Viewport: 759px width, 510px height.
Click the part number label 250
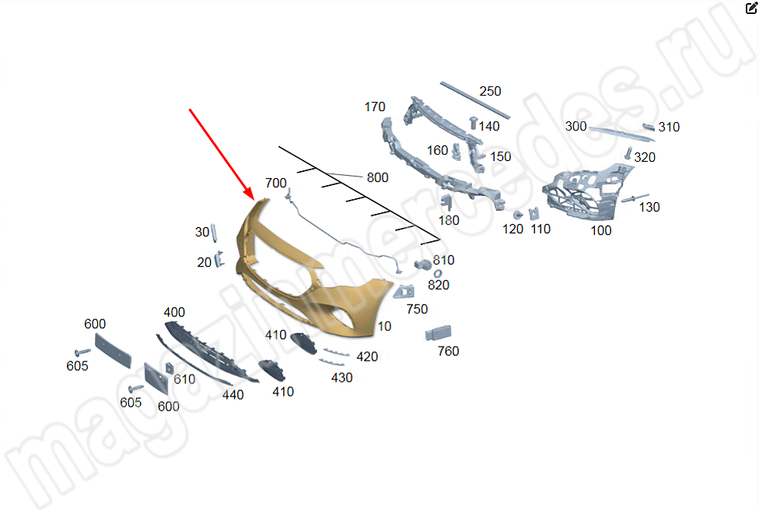tap(490, 91)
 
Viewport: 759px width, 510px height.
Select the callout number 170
tap(375, 107)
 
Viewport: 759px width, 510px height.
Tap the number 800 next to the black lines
tap(378, 177)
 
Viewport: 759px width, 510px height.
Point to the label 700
tap(276, 183)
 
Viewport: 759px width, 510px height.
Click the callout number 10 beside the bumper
tap(384, 326)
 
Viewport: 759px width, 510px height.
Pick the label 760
tap(448, 351)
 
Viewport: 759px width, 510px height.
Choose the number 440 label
tap(233, 395)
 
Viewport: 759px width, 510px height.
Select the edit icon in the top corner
tap(751, 8)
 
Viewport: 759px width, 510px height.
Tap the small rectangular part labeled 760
tap(438, 333)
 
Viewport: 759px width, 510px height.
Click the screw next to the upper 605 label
tap(82, 351)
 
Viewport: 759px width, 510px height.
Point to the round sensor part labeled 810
tap(422, 264)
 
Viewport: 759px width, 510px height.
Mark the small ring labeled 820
tap(437, 274)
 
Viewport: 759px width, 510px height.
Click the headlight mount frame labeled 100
tap(586, 194)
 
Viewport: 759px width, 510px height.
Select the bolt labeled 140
tap(474, 123)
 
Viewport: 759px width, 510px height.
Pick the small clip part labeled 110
tap(534, 213)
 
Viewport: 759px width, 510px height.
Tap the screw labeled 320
tap(628, 153)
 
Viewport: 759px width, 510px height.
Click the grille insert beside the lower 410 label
tap(272, 370)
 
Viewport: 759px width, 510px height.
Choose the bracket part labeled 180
tap(447, 203)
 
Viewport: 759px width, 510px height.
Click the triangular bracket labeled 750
tap(404, 292)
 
